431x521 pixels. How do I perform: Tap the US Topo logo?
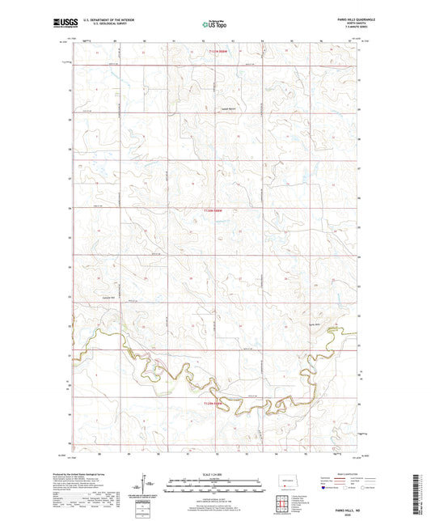click(x=214, y=25)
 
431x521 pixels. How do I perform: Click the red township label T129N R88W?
click(x=212, y=402)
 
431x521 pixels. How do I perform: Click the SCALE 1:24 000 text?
click(x=214, y=474)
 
